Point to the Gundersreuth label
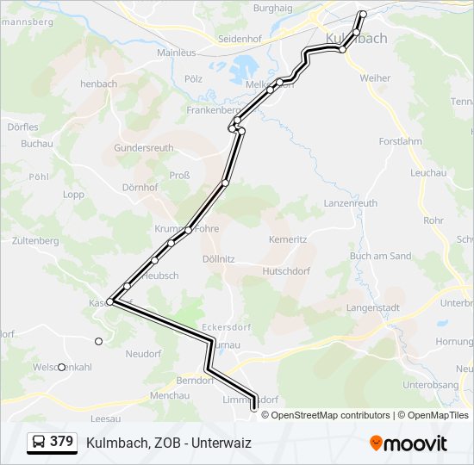[x=144, y=147]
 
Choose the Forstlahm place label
[x=400, y=141]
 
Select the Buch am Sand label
[x=380, y=256]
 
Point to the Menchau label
[x=169, y=395]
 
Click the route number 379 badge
[x=51, y=442]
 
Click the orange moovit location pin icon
[x=377, y=443]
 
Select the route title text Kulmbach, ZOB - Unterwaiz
[x=168, y=443]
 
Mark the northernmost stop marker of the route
[x=363, y=14]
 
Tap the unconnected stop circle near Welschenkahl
[x=61, y=367]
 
